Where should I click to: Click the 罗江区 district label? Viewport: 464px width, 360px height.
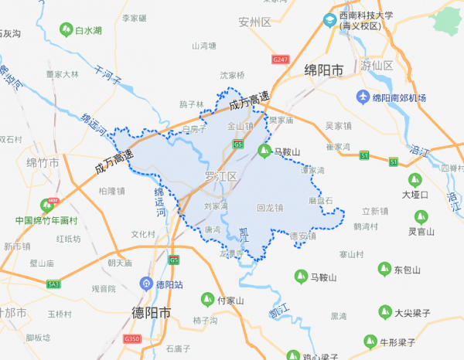221,176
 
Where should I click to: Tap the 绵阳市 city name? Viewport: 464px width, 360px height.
324,70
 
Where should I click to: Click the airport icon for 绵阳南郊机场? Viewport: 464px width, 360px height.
363,97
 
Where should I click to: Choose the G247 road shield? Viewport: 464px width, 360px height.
280,59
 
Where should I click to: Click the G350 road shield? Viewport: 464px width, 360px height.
132,339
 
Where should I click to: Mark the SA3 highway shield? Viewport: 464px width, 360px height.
53,284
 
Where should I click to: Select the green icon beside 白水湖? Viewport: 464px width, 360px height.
66,31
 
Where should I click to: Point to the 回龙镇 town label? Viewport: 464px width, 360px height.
269,207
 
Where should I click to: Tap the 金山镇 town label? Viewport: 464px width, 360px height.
240,126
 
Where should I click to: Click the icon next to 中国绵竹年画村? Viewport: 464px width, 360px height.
53,203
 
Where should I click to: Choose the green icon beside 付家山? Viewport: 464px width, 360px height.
206,298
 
